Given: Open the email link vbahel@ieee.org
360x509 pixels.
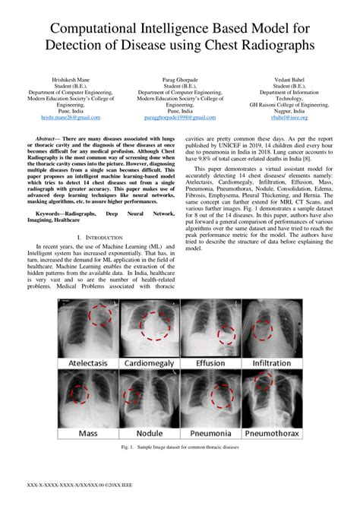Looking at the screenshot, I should click(x=288, y=119).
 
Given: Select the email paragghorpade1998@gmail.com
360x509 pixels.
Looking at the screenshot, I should click(x=180, y=119).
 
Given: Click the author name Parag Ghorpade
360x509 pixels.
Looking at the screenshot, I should click(x=180, y=79).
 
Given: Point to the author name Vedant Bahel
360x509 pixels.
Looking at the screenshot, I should click(x=288, y=79).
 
